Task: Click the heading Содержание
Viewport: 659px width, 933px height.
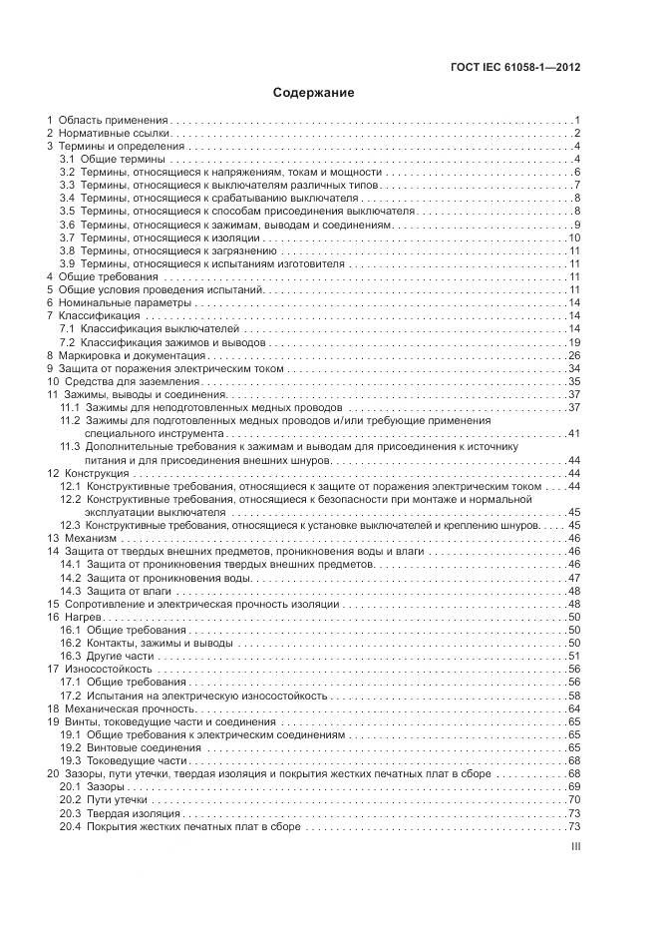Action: coord(314,93)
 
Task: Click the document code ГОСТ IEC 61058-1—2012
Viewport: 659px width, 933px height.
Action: coord(515,68)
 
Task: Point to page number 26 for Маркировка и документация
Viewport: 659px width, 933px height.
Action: coord(573,355)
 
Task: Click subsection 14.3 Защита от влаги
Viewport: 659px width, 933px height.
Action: coord(117,591)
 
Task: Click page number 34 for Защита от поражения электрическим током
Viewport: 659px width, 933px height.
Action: coord(573,368)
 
